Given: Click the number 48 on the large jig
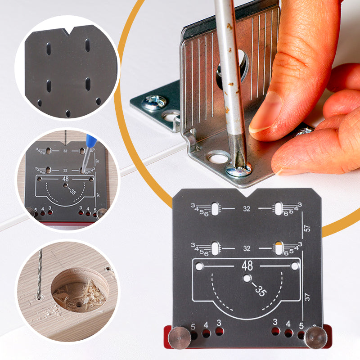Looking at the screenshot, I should click(x=247, y=265).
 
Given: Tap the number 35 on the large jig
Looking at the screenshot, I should click(x=259, y=290).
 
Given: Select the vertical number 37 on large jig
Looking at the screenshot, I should click(x=308, y=297).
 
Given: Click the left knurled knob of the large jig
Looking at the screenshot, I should click(x=179, y=337).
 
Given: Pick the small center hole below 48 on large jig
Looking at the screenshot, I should click(x=247, y=279).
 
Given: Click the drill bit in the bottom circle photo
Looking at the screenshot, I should click(x=39, y=274).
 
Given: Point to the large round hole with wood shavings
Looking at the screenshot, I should click(x=79, y=291).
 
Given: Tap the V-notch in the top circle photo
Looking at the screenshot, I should click(x=69, y=31).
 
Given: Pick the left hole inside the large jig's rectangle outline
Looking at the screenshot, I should click(x=199, y=266).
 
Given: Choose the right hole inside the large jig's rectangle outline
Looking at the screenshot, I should click(x=294, y=266).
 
